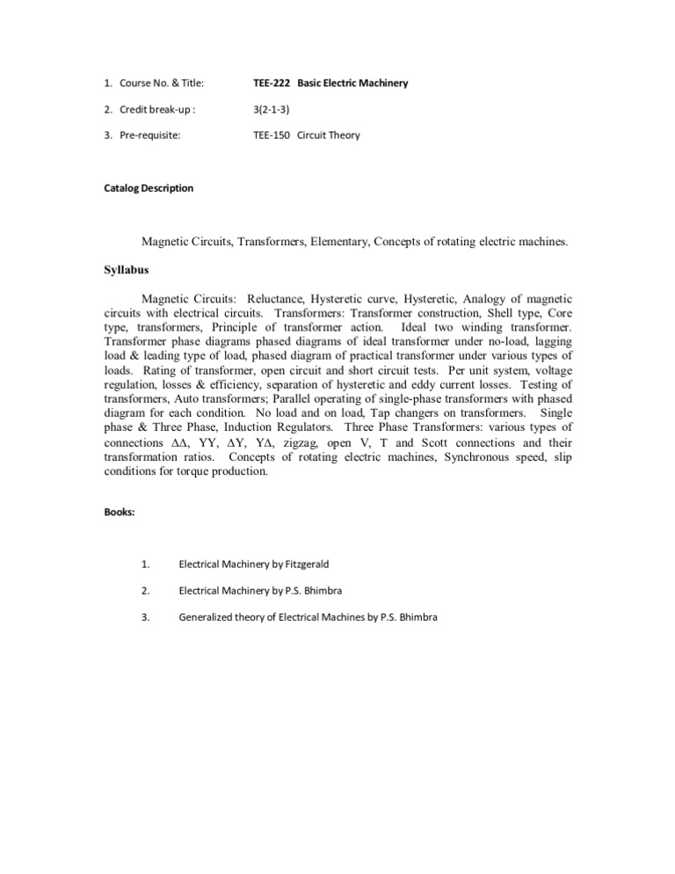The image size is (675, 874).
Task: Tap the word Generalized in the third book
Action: [x=210, y=617]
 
